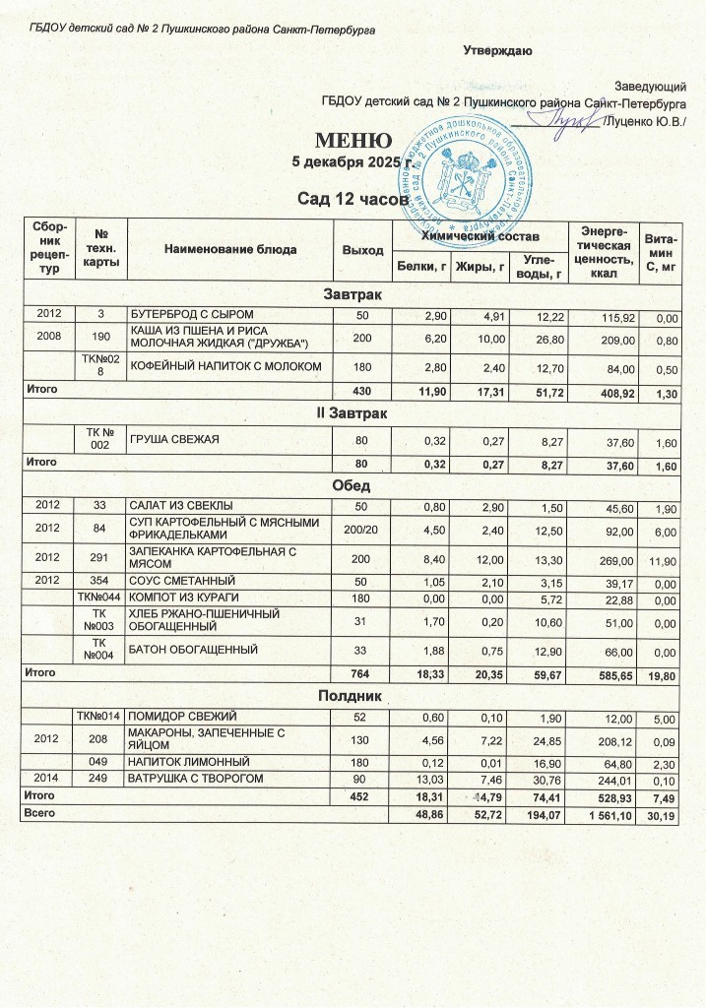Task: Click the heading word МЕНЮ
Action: point(353,140)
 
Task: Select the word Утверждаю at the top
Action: point(497,50)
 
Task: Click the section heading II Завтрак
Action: point(353,413)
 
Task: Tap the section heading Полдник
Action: point(353,696)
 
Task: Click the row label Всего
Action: point(41,812)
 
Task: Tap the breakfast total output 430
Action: point(361,390)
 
